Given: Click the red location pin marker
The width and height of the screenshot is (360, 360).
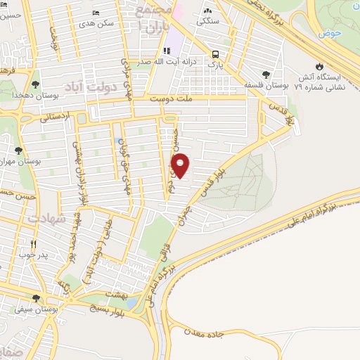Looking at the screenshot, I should point(181,165).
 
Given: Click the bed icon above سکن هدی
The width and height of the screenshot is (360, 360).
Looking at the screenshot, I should point(96,13).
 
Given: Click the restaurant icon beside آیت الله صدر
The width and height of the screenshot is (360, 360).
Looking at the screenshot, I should point(167,51).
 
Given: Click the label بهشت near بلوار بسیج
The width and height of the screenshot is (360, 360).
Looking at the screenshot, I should point(115,293).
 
